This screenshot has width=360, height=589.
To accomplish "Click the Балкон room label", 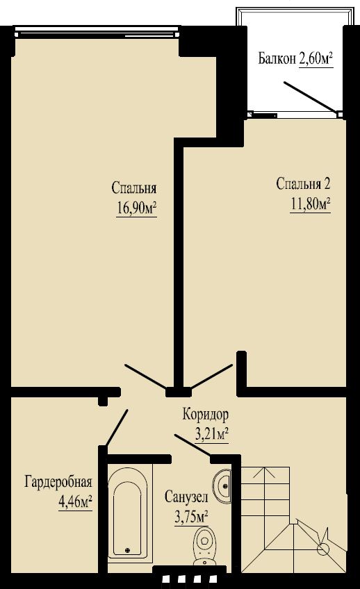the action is click(x=277, y=58).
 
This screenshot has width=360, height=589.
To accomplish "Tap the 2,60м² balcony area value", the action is click(x=316, y=58).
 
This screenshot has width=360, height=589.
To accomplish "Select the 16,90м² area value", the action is click(x=137, y=209).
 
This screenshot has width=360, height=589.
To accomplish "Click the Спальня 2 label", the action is click(x=303, y=184).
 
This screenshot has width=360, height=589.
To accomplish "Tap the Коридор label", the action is click(x=206, y=415).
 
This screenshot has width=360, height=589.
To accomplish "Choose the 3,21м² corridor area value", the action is click(x=212, y=435).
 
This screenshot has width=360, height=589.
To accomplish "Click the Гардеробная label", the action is click(x=58, y=481).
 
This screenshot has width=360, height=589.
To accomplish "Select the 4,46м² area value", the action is click(x=76, y=501).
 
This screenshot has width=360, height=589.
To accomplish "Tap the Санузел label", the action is click(x=186, y=497).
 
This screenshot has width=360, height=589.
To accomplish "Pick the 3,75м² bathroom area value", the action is click(x=192, y=517).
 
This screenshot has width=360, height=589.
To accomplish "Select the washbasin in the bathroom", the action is click(x=222, y=485).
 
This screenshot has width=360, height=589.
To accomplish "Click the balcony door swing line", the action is click(x=310, y=97).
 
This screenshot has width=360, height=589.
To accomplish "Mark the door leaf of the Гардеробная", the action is click(x=117, y=427).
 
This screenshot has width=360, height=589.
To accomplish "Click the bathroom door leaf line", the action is click(x=193, y=446).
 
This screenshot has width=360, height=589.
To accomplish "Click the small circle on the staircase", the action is click(x=322, y=549).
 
